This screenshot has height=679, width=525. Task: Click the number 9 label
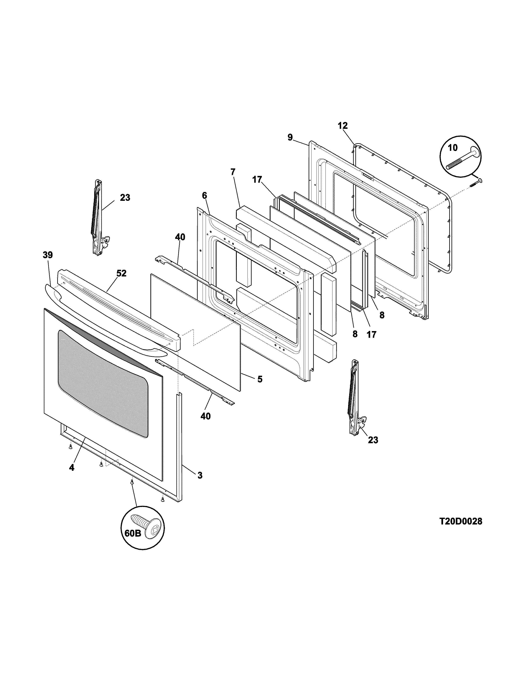point(290,137)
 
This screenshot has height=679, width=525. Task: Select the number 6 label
point(204,195)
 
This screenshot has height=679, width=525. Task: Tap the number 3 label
point(200,475)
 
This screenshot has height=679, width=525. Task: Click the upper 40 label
point(180,237)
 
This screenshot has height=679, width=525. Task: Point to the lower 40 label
point(206,416)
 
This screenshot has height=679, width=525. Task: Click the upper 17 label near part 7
point(257,180)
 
